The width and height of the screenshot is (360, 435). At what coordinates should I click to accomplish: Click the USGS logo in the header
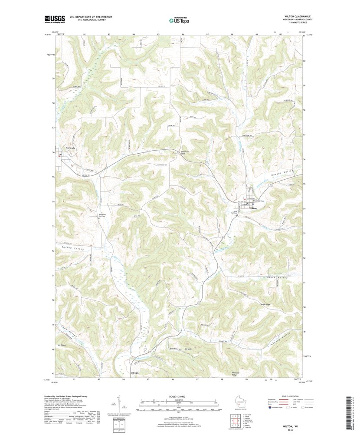(x=54, y=19)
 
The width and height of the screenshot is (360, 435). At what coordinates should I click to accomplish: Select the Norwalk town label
(x=70, y=148)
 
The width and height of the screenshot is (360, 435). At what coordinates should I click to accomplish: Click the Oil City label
(x=134, y=373)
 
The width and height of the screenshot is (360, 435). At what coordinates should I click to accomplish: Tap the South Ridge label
(x=254, y=304)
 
